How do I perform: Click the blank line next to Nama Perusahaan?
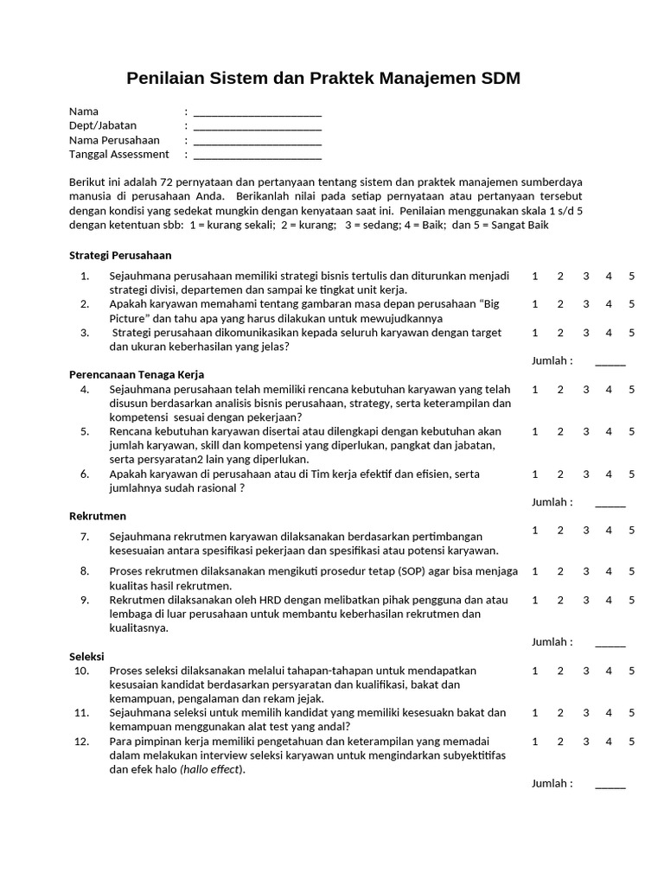click(258, 140)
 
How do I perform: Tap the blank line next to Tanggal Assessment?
click(258, 155)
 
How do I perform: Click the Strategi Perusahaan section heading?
click(120, 255)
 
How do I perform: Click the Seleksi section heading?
click(86, 656)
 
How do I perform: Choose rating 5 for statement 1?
click(632, 276)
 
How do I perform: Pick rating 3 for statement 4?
click(586, 389)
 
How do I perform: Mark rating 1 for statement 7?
click(535, 530)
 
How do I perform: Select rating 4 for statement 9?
click(610, 600)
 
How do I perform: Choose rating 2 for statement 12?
click(560, 741)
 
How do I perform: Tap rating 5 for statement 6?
click(632, 474)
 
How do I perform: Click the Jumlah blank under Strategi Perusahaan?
click(610, 361)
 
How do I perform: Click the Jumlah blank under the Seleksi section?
click(610, 784)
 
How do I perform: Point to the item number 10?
click(81, 671)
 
